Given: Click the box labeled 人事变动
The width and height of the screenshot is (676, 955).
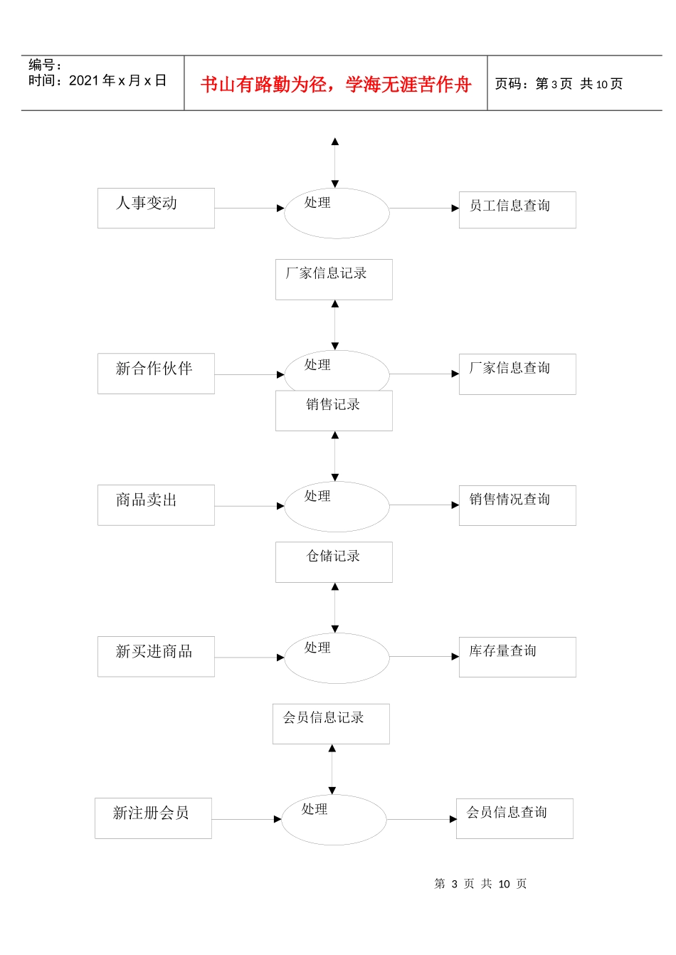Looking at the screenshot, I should click(156, 208).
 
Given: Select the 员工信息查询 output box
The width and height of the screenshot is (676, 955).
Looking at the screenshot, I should click(517, 209).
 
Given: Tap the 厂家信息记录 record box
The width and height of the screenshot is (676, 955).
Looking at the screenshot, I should click(334, 279).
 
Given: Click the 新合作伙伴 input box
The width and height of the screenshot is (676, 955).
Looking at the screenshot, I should click(156, 374).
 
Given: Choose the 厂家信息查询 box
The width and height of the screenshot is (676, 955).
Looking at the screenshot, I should click(517, 374).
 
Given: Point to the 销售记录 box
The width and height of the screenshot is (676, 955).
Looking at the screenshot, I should click(334, 411).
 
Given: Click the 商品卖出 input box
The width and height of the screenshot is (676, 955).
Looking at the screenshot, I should click(156, 505).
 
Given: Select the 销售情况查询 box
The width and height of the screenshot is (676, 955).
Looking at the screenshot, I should click(517, 505).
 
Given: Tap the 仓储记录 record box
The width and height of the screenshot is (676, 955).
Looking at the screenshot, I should click(334, 562).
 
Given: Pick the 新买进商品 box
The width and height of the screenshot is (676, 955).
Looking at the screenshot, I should click(156, 656).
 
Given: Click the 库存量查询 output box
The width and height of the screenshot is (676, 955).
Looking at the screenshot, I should click(517, 656).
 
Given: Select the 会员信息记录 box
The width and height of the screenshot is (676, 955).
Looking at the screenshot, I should click(331, 724).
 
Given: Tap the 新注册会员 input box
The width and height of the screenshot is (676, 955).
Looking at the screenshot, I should click(153, 818).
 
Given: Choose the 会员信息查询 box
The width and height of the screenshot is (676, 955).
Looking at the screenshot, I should click(514, 818).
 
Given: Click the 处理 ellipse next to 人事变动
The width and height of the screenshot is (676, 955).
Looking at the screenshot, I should click(337, 213).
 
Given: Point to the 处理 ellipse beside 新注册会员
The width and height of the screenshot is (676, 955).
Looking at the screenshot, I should click(334, 820).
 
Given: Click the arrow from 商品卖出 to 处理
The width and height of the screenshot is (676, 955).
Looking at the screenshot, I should click(249, 506).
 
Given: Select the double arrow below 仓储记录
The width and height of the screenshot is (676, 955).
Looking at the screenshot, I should click(335, 608).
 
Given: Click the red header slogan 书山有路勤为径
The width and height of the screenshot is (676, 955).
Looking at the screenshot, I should click(336, 85).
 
